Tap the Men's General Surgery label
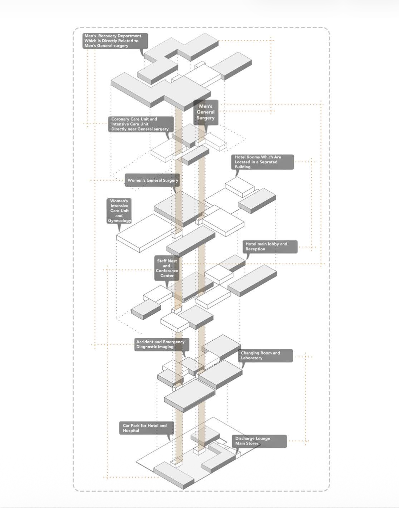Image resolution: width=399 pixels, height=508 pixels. pos(206,112)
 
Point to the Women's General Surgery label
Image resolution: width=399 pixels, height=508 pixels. pos(152,181)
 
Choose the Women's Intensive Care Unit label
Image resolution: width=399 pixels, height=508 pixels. pos(119,211)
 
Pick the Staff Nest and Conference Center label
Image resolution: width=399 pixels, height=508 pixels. pos(167,268)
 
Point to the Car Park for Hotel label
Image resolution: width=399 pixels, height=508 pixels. pos(146,428)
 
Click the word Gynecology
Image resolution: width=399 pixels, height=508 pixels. pos(120,221)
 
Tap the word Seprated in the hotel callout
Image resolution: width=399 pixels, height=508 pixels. pos(268,162)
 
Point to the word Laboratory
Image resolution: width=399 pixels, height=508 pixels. pos(252,358)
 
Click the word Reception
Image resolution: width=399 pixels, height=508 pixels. pos(255,249)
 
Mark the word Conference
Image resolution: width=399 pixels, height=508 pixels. pos(167,271)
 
